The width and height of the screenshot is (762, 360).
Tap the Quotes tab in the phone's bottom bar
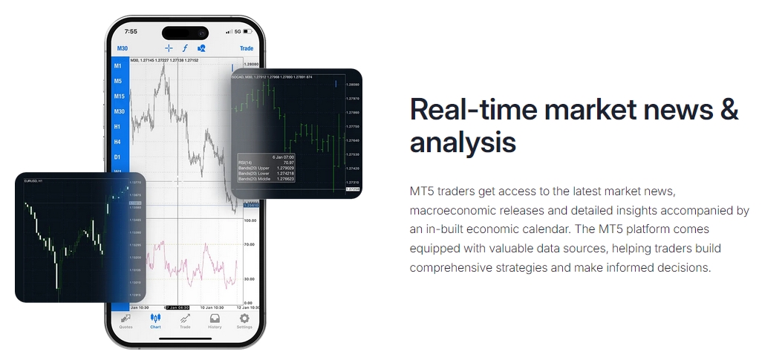(126, 321)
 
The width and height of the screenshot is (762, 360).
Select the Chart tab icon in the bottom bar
(155, 321)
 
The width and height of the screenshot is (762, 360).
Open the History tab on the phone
(215, 321)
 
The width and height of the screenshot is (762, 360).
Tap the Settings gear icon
(244, 321)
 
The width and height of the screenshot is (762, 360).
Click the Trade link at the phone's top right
(246, 48)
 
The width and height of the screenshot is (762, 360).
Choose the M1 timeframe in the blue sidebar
(118, 66)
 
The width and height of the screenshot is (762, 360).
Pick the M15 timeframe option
(118, 96)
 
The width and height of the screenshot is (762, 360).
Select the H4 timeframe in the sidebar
(117, 142)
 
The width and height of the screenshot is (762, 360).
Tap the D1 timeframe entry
(117, 157)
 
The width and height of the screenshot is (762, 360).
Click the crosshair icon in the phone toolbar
(169, 48)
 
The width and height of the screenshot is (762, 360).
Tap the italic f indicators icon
(185, 48)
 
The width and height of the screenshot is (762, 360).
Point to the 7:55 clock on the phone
(131, 32)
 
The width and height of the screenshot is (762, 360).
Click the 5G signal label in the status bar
(238, 32)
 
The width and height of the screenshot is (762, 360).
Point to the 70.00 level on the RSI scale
(250, 243)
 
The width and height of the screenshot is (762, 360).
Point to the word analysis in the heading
(463, 142)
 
